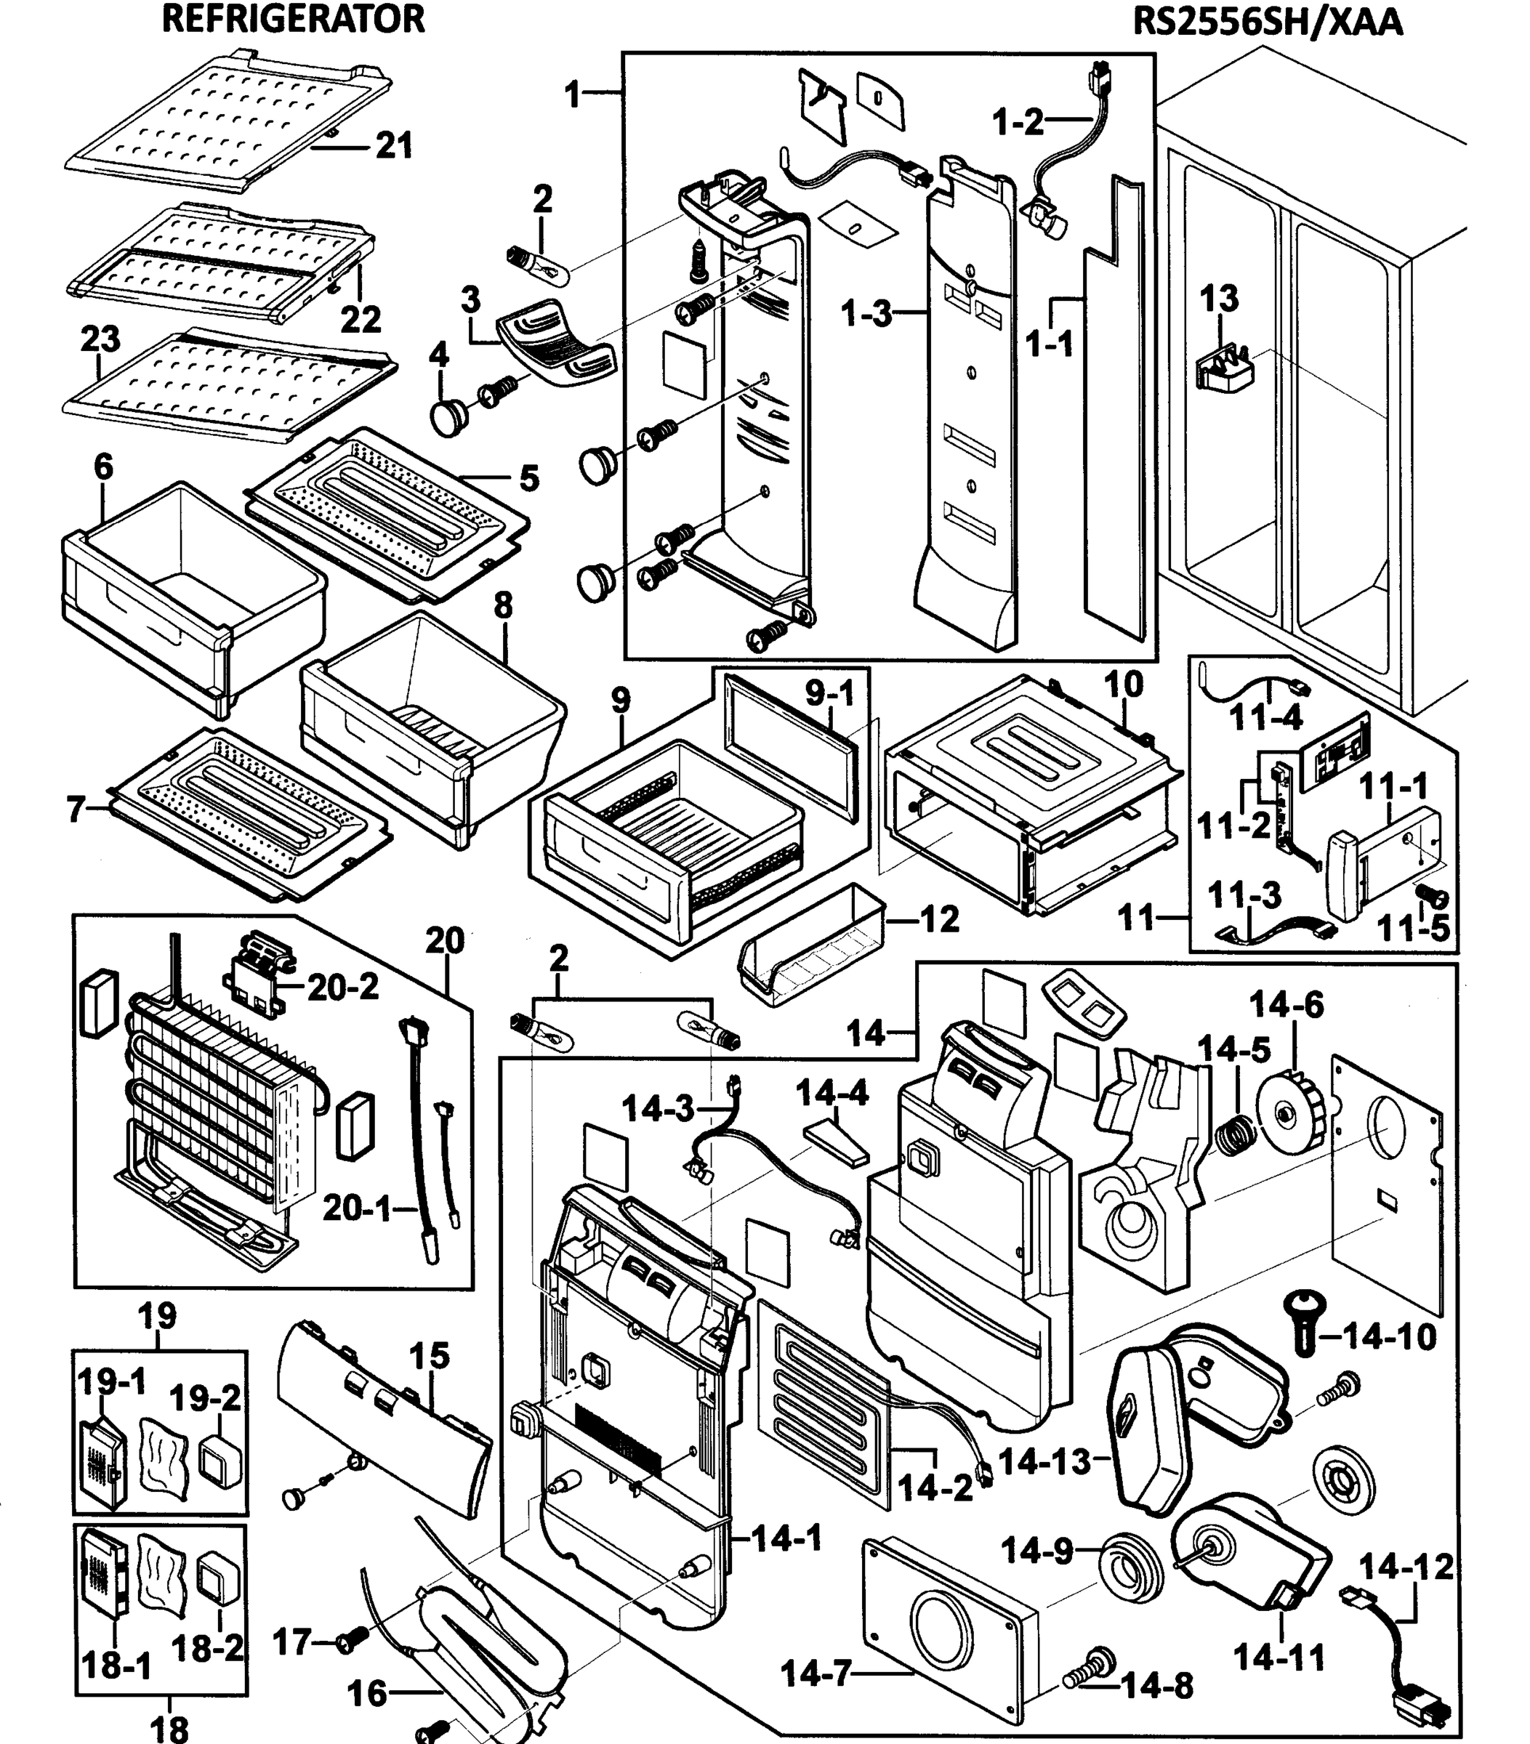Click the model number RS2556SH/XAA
coord(1267,21)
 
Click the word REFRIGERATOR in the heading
coord(293,19)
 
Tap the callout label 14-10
coord(1389,1336)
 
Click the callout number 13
coord(1218,299)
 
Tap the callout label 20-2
coord(343,988)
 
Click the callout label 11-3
coord(1245,895)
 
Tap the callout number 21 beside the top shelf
coord(394,146)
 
